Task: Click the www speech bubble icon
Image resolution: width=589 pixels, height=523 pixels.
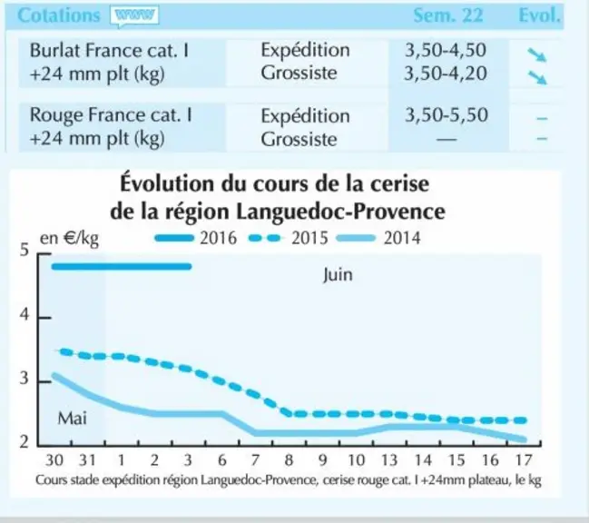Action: [x=134, y=16]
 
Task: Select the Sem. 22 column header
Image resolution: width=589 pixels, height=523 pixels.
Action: [x=447, y=15]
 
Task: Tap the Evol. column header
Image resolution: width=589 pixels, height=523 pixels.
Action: [x=539, y=15]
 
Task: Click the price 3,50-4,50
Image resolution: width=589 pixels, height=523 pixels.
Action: [x=446, y=50]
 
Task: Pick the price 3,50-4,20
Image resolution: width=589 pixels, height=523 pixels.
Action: [x=446, y=74]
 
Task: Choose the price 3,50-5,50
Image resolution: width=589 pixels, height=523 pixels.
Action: [x=447, y=115]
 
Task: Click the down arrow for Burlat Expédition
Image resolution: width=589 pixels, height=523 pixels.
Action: [x=536, y=54]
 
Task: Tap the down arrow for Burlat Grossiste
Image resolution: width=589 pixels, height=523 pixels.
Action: [x=536, y=78]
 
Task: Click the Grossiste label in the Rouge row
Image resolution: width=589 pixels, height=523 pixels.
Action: [x=299, y=140]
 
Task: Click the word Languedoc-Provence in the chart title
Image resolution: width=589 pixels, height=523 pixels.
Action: [x=340, y=212]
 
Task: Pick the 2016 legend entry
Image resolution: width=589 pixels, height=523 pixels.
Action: [x=196, y=238]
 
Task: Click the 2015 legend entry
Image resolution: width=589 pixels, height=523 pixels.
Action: [x=289, y=238]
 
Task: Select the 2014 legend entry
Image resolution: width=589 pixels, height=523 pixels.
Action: [x=378, y=238]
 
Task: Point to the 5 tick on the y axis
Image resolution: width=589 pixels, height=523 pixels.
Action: [x=25, y=250]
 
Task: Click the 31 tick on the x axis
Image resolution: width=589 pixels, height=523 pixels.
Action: [x=87, y=460]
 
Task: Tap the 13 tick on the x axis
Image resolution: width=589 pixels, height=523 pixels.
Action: [x=389, y=460]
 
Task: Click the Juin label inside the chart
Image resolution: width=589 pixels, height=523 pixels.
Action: [x=338, y=274]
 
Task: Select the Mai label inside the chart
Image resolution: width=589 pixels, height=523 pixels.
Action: [x=72, y=419]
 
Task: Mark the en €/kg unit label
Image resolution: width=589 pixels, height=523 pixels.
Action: [x=70, y=239]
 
